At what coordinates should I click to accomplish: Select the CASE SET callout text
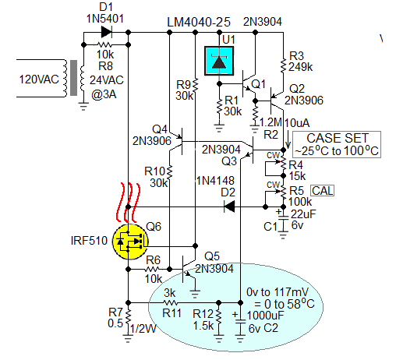pyautogui.click(x=336, y=137)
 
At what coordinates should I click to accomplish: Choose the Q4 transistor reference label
pyautogui.click(x=160, y=129)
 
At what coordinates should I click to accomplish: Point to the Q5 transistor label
pyautogui.click(x=212, y=256)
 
